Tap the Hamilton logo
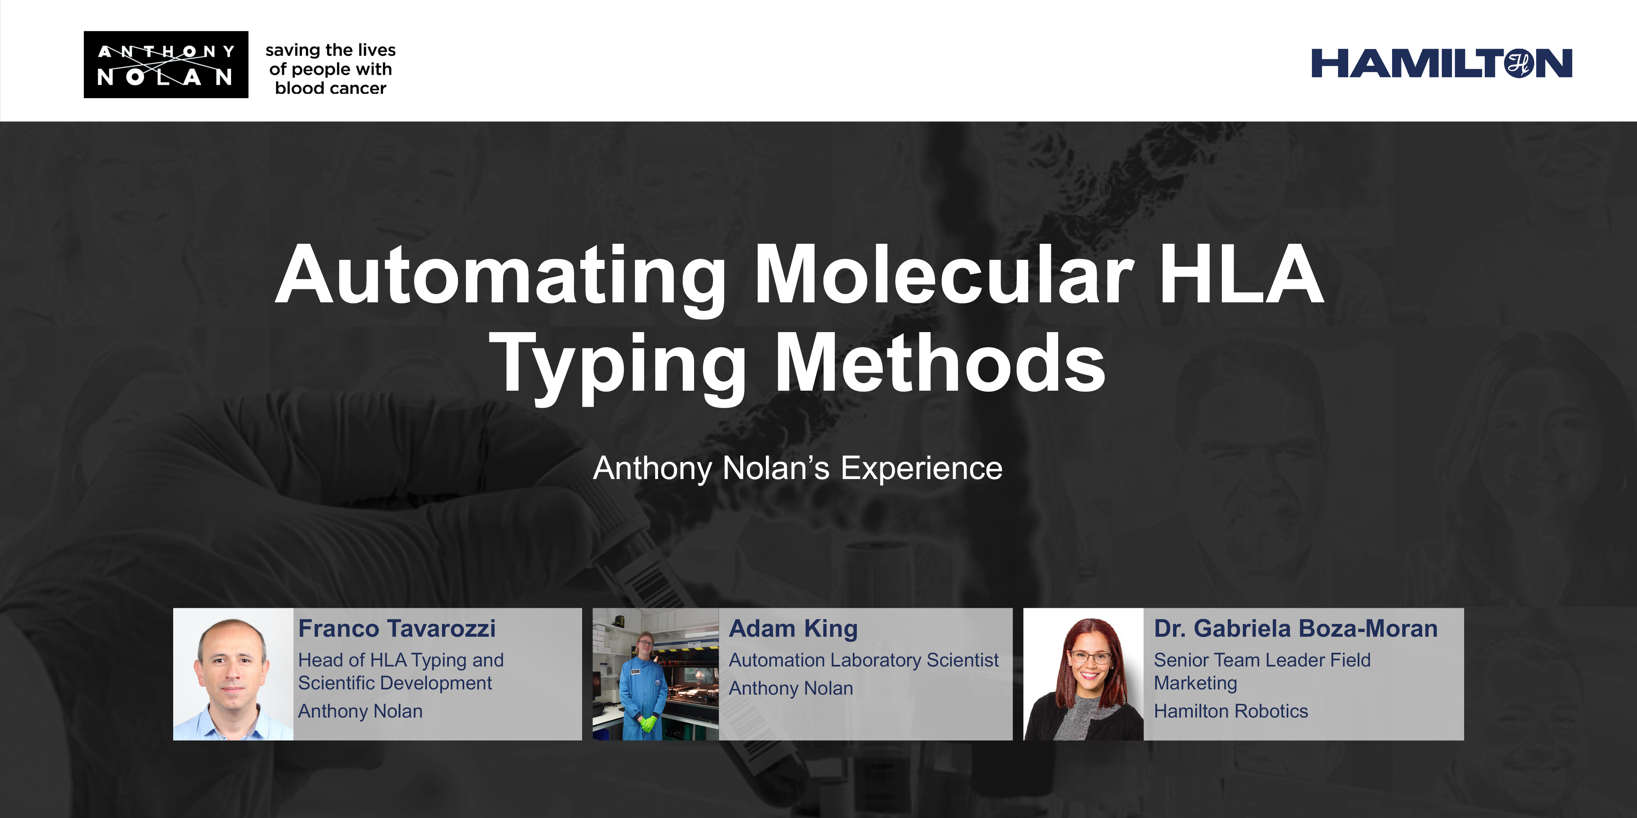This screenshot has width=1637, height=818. [x=1441, y=63]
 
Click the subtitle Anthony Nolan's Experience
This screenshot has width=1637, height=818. [x=798, y=468]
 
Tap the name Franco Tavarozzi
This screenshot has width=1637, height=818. [x=396, y=629]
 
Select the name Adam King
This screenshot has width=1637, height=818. [x=793, y=629]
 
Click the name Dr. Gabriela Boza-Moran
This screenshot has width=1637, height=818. [x=1295, y=629]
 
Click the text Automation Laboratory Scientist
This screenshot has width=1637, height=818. [x=863, y=661]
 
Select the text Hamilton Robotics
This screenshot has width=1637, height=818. [x=1230, y=711]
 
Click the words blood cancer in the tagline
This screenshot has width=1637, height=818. [x=330, y=88]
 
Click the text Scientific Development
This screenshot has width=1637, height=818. [x=395, y=684]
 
